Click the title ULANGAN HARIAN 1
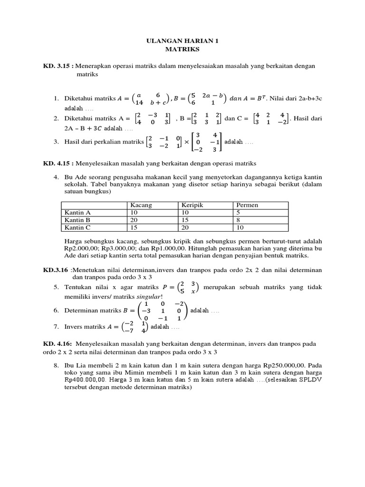tap(182, 41)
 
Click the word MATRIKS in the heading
tap(182, 49)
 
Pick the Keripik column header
tap(192, 205)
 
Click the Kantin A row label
tap(77, 213)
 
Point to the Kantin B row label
tap(77, 220)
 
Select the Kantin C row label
tap(77, 228)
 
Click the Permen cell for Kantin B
tap(238, 220)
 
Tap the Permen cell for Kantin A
tap(238, 213)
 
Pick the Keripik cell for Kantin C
tap(187, 228)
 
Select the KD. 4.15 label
tap(58, 164)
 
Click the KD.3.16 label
tap(56, 270)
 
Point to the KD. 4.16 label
tap(58, 344)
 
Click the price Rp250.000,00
tap(280, 367)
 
